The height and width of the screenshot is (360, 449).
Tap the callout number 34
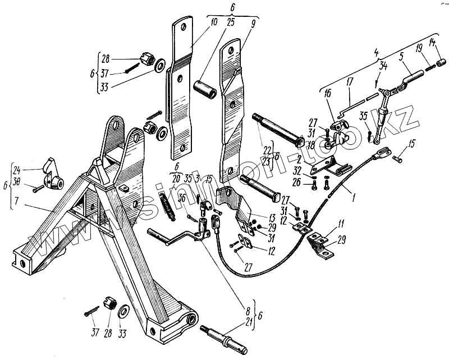[x=384, y=66]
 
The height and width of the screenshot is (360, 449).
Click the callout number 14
[x=433, y=42]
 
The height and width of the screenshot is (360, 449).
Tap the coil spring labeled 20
[x=168, y=204]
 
